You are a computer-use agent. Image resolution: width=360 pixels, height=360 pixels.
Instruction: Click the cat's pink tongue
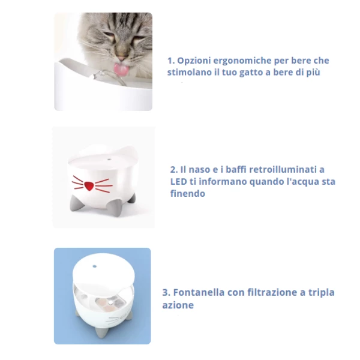(120, 69)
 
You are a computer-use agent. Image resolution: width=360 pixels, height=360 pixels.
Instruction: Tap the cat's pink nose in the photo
(121, 58)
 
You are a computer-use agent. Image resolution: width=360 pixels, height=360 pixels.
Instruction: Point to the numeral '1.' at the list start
(171, 61)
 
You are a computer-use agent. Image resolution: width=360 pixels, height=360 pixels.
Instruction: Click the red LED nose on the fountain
(89, 186)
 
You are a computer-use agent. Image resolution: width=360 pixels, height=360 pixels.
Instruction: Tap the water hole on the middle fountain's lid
(109, 160)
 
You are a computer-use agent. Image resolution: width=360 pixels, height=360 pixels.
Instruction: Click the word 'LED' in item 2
(178, 182)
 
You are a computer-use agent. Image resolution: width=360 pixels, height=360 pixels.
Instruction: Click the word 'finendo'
(188, 194)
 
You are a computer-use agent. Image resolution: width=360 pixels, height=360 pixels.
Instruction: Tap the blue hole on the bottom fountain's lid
(95, 266)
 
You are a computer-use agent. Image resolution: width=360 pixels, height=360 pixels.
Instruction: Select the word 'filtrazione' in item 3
(272, 293)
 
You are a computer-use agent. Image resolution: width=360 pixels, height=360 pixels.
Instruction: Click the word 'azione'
(178, 305)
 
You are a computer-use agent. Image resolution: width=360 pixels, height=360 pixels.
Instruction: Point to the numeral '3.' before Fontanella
(166, 293)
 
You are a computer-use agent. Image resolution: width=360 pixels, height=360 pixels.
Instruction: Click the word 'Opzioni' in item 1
(194, 61)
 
